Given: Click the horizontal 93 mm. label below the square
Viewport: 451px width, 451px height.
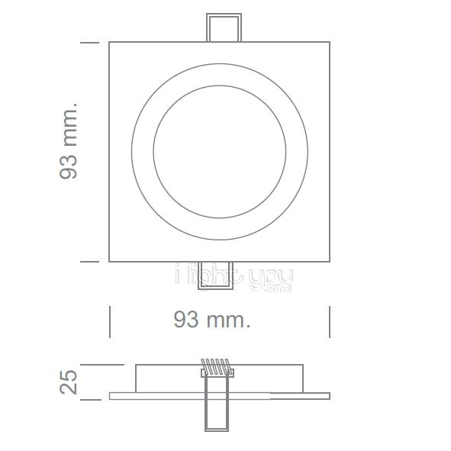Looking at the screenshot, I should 211,320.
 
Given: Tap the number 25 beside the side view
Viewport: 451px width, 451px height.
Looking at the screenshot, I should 69,382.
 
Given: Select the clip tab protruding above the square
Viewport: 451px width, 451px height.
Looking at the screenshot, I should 223,27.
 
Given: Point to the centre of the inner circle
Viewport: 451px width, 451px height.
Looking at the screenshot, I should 220,151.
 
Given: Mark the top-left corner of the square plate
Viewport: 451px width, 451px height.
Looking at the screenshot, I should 110,42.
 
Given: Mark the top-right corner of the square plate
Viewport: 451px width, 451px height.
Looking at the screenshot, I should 330,42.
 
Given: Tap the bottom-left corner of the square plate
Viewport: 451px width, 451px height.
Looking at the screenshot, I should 110,262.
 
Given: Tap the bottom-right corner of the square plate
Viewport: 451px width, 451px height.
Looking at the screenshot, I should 330,262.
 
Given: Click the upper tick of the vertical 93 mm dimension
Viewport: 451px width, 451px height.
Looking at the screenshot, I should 90,43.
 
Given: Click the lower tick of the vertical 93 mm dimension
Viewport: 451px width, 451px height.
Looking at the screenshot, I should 90,262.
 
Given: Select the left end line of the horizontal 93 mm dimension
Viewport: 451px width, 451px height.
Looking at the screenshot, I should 111,321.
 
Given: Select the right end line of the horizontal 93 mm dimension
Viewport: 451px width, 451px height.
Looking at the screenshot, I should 330,321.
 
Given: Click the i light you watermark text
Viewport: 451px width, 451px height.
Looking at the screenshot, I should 234,277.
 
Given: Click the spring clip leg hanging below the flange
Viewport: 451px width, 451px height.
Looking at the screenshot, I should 216,414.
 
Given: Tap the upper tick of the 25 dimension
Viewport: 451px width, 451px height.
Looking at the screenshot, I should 90,366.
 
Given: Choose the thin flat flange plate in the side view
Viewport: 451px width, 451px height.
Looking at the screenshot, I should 153,396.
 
